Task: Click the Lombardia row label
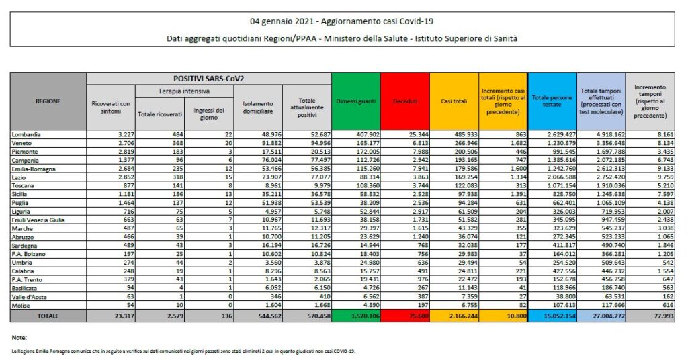tap(26, 135)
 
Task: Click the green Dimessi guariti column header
tap(355, 101)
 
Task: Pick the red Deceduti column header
tap(404, 101)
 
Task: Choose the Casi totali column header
tap(454, 101)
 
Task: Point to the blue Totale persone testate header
tap(552, 101)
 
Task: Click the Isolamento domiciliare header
tap(258, 107)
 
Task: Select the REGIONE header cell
tap(48, 101)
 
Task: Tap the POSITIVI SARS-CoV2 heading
tap(209, 78)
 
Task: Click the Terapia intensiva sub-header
tap(183, 90)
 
